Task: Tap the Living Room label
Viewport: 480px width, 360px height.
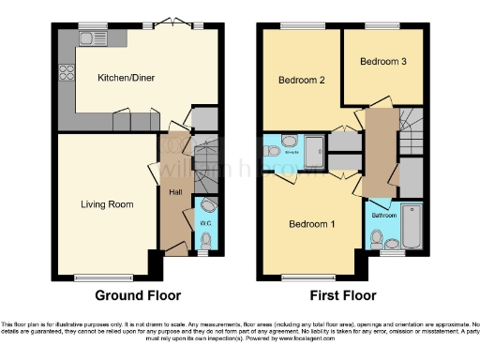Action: (x=106, y=203)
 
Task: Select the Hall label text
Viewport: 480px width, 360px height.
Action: (x=175, y=192)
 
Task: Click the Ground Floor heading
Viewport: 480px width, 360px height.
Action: (x=137, y=294)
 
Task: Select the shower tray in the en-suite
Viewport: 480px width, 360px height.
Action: (x=317, y=148)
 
